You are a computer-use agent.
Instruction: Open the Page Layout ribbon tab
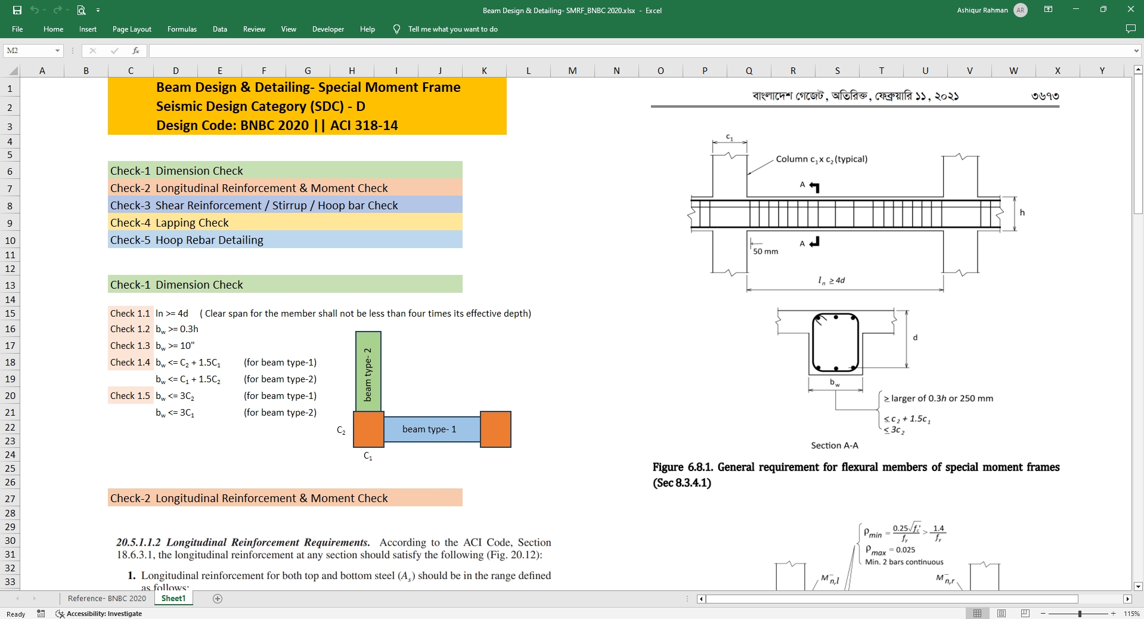132,29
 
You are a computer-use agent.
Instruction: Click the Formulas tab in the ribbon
182,29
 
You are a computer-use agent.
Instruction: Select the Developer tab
328,29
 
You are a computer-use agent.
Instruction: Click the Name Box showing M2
33,51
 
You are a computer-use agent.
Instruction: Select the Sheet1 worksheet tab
173,598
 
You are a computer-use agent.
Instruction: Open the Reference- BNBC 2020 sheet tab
107,598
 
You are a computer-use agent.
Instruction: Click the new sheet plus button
218,599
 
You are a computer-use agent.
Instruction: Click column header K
484,70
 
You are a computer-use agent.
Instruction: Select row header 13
10,285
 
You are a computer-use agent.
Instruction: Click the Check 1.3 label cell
130,346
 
